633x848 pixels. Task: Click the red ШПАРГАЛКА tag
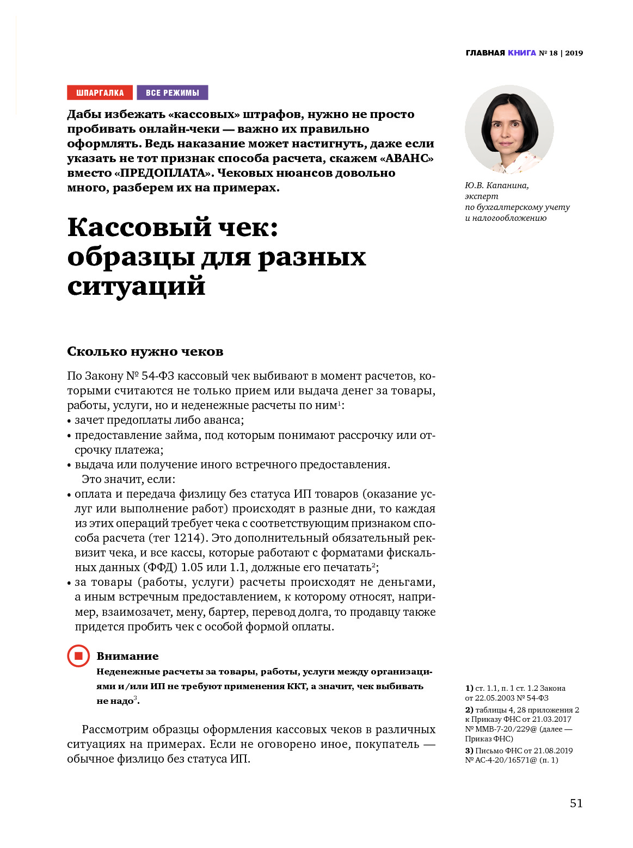[100, 92]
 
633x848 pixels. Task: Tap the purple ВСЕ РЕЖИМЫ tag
[172, 92]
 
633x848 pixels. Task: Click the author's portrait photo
[509, 129]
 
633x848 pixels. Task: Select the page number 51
[576, 803]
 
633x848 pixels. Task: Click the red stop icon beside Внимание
[78, 656]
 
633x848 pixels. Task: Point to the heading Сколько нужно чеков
[145, 351]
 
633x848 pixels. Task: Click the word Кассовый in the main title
[140, 227]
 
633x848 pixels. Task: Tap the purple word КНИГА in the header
[521, 53]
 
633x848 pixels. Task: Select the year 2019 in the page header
[574, 53]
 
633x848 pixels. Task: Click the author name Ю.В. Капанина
[496, 185]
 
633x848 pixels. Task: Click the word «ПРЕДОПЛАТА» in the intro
[163, 173]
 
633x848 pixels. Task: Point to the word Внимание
[127, 656]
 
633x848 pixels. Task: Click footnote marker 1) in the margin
[469, 688]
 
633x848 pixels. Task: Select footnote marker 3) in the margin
[469, 751]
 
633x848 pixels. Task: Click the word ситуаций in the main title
[136, 286]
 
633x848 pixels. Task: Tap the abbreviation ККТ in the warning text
[297, 686]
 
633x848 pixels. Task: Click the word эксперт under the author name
[481, 196]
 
